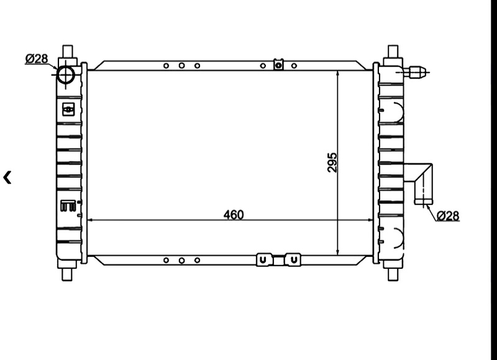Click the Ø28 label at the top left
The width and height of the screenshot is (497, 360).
[x=37, y=58]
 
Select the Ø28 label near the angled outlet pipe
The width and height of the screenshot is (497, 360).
[x=448, y=216]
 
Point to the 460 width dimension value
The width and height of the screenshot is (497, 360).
[x=234, y=215]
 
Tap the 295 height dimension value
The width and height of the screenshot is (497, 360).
[x=332, y=163]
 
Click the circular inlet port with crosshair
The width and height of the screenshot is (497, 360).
[x=66, y=75]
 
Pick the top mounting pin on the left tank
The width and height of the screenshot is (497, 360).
[x=68, y=52]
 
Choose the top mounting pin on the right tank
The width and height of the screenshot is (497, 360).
[x=393, y=52]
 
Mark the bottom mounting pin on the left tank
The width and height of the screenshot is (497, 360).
[x=67, y=274]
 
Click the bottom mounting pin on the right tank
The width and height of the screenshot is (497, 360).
[x=393, y=274]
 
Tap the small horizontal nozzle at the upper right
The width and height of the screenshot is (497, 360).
[x=417, y=72]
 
